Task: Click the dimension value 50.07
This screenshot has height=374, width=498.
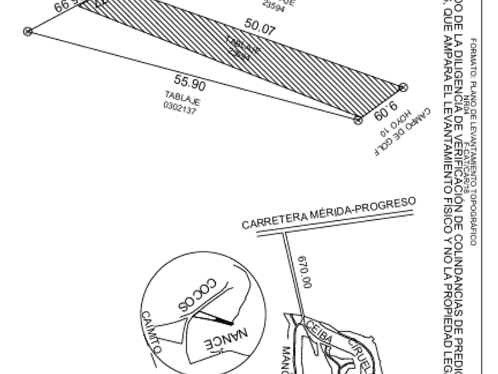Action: point(260,27)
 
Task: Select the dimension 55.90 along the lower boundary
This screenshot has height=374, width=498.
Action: point(190,83)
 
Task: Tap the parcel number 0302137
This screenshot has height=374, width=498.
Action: point(180,107)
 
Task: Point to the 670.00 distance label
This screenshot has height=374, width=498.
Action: point(304,272)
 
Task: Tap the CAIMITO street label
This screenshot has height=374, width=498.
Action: point(151,332)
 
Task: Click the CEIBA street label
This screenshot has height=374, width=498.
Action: point(320,330)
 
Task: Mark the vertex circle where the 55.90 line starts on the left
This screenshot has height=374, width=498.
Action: point(27,31)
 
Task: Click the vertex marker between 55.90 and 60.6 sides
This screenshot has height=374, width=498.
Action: point(358,121)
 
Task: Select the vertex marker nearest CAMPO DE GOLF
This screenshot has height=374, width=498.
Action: point(403,87)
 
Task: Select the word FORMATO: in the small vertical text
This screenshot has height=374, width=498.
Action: point(474,50)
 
